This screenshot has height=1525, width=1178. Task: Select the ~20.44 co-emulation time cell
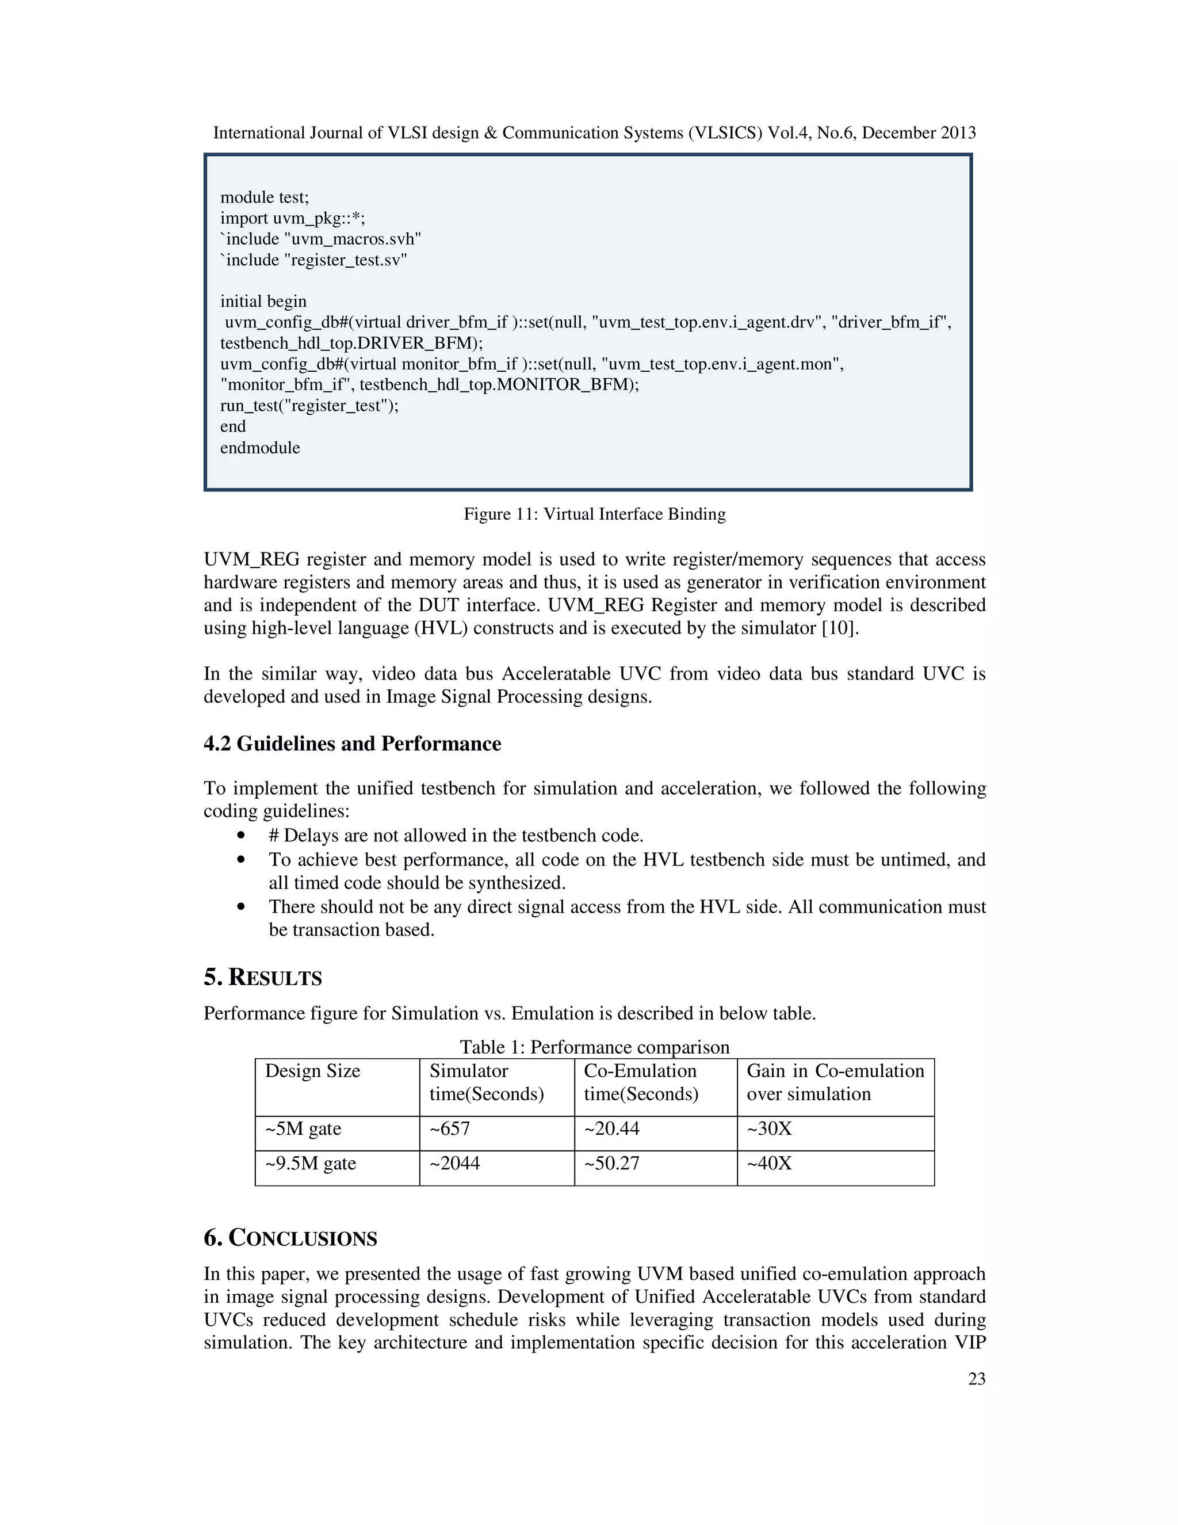611,1128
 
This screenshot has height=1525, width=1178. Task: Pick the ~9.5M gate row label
311,1163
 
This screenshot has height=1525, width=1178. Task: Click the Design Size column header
313,1071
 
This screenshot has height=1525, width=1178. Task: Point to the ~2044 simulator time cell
454,1163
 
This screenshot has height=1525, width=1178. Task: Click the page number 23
976,1379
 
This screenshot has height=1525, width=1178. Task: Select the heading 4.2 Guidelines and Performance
353,744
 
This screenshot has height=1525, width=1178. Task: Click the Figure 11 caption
595,514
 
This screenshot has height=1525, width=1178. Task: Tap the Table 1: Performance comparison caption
595,1047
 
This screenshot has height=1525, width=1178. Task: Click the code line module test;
265,197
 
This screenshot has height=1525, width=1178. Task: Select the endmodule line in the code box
261,448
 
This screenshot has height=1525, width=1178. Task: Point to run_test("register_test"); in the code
309,406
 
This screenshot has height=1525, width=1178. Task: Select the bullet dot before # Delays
242,835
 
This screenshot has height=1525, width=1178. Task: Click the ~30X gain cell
769,1128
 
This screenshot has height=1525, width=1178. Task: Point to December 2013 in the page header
919,133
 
